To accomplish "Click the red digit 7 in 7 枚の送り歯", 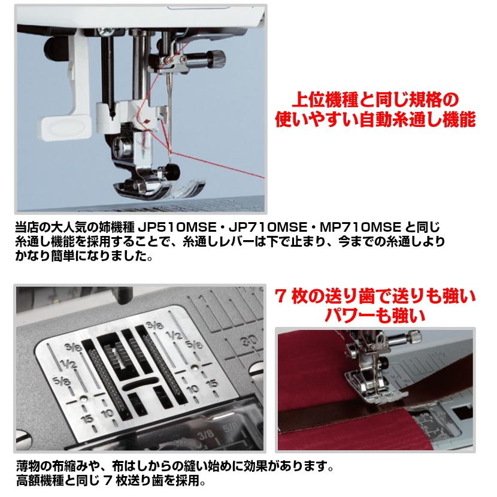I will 280,296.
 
